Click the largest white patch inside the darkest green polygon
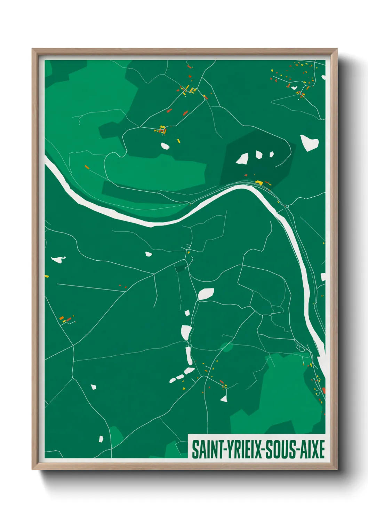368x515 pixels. (242, 159)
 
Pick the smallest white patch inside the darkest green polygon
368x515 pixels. (271, 154)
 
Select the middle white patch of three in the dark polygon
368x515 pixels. (259, 154)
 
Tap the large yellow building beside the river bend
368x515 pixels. (259, 182)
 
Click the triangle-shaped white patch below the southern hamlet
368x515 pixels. (224, 399)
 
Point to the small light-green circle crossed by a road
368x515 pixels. (226, 347)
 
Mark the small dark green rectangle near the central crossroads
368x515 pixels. (181, 268)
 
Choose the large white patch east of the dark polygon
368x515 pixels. (309, 142)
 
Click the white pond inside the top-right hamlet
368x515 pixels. (294, 88)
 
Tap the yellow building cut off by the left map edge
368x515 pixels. (47, 276)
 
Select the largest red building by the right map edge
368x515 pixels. (323, 390)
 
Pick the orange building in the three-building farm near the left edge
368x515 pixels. (62, 318)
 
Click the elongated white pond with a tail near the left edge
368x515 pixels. (58, 259)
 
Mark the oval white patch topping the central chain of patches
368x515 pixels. (206, 294)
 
